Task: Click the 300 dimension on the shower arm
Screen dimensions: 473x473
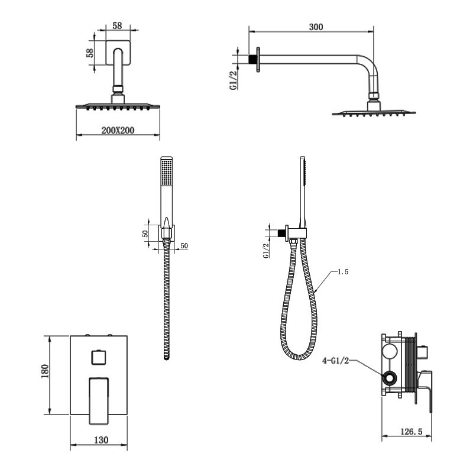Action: click(316, 27)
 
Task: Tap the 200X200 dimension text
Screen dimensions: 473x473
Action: click(118, 130)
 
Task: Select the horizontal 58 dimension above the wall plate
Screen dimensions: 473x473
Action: click(117, 25)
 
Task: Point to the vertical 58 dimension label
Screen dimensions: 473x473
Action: click(90, 53)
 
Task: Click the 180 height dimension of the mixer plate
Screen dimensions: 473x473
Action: click(45, 371)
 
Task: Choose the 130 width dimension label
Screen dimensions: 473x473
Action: click(101, 440)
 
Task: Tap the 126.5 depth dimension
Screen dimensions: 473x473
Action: click(411, 432)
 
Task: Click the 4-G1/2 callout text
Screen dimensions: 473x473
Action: click(335, 361)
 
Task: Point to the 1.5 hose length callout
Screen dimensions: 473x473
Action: click(343, 272)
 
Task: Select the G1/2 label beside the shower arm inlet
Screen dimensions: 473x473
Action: click(234, 79)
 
